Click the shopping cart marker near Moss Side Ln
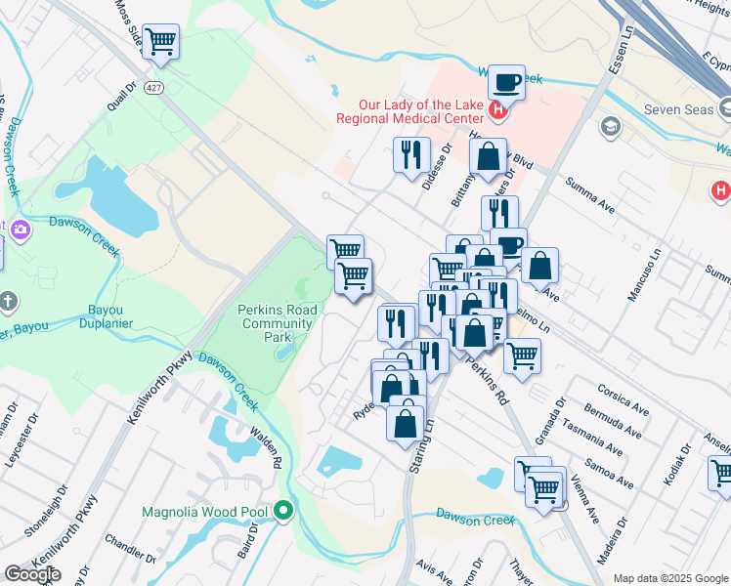click(160, 42)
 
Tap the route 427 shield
click(154, 88)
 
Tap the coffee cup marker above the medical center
click(506, 83)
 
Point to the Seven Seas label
click(679, 110)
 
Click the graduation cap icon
click(611, 126)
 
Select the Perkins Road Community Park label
click(277, 323)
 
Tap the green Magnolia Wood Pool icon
click(283, 509)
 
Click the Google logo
click(32, 573)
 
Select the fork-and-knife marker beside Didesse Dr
click(411, 154)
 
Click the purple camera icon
click(21, 229)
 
